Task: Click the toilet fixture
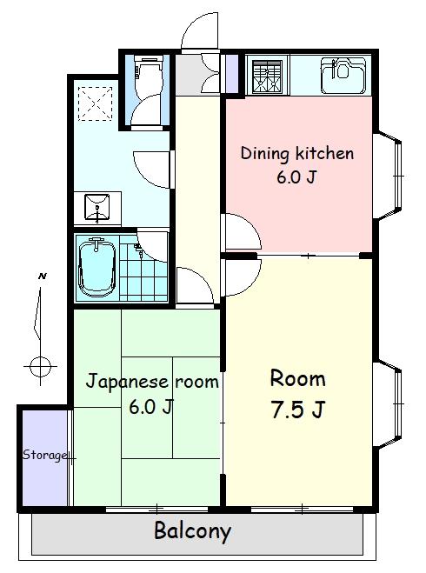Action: pos(147,75)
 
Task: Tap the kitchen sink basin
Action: pos(343,76)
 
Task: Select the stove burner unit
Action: pos(268,76)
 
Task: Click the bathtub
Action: pos(97,268)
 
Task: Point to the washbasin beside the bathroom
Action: pos(97,208)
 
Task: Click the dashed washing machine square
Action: pos(95,103)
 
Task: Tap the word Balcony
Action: pos(192,530)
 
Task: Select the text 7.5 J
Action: pos(297,410)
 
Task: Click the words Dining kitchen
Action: pos(297,153)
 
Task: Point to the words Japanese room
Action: pos(152,382)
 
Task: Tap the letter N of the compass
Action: pos(43,277)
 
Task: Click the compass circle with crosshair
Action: pos(40,366)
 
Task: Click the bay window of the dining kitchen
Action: pos(388,177)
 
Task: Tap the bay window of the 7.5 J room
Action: pos(388,404)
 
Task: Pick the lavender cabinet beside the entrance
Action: pos(231,73)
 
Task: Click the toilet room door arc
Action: pos(145,110)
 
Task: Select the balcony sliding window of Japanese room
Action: pos(157,509)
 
